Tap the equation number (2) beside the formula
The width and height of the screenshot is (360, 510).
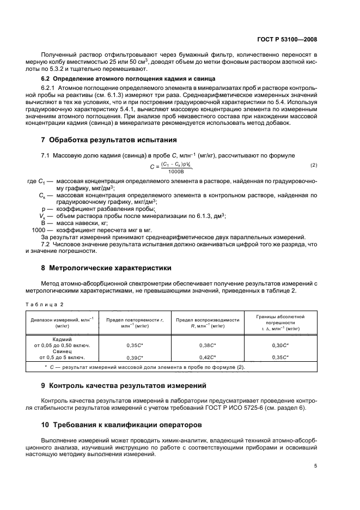(314, 165)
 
